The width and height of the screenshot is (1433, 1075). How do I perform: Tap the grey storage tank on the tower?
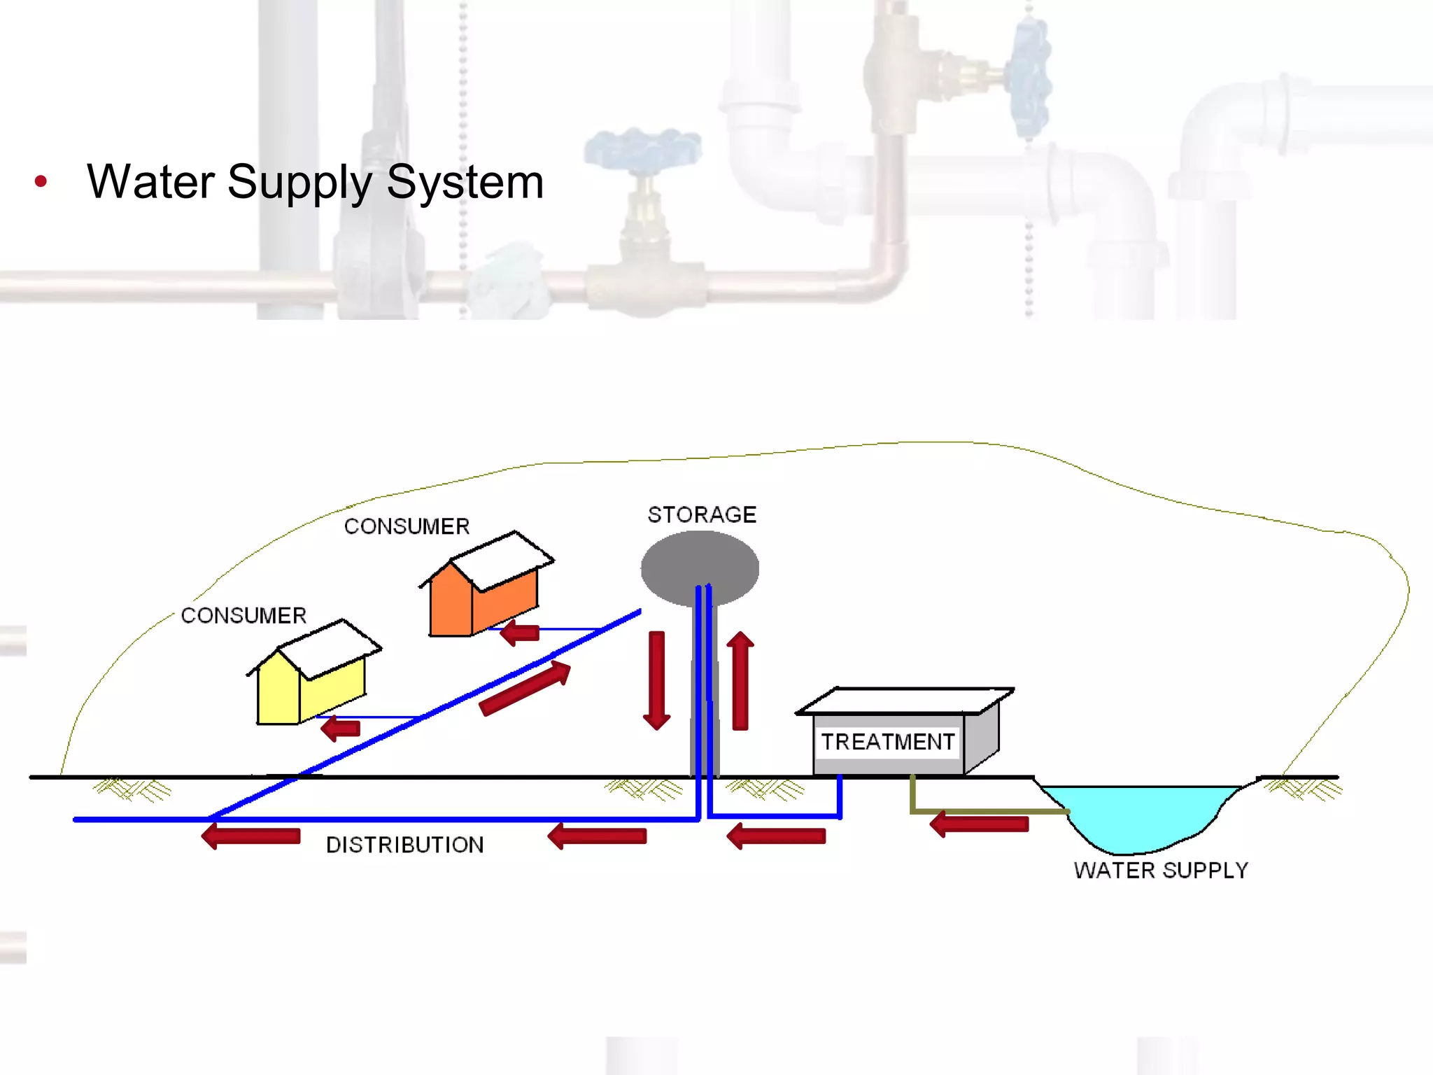coord(700,563)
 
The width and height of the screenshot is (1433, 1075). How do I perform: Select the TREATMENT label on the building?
coord(887,742)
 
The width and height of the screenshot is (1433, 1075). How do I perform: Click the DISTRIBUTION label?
coord(405,845)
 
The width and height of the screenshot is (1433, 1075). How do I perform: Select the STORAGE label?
coord(702,515)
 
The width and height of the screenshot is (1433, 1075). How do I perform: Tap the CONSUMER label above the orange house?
coord(407,526)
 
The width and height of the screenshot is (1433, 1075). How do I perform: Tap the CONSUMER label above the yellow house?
coord(243,616)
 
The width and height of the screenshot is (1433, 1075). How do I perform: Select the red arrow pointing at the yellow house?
coord(341,729)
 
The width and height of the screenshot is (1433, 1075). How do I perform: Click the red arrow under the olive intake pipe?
coord(979,824)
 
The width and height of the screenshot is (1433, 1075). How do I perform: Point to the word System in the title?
coord(465,182)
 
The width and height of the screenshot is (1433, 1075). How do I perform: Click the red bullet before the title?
coord(41,182)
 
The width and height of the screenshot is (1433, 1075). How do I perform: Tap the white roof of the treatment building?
coord(904,701)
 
